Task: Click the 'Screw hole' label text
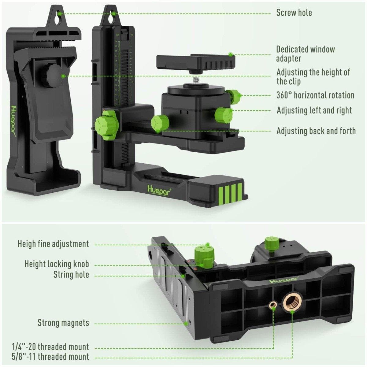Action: click(294, 13)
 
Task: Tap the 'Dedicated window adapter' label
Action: click(305, 54)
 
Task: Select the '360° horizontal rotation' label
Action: click(315, 95)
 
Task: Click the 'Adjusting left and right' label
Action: click(314, 110)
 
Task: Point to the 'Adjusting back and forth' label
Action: click(316, 131)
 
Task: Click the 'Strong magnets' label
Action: click(63, 323)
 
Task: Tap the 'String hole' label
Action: click(71, 274)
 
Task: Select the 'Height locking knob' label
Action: click(57, 264)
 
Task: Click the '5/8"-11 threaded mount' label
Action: click(50, 357)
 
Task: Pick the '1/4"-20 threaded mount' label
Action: click(50, 347)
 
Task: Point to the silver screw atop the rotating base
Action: click(195, 80)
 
